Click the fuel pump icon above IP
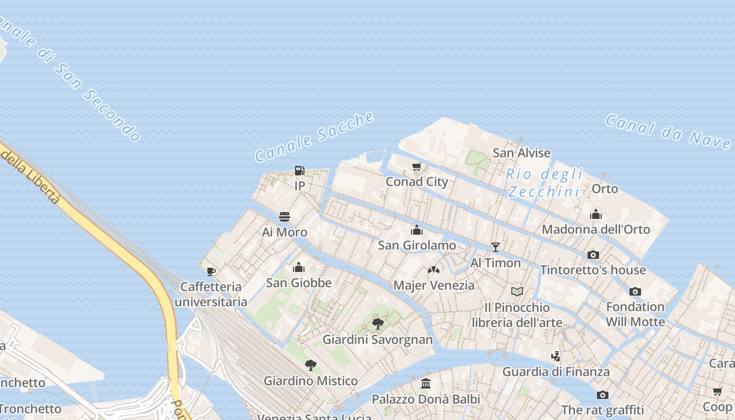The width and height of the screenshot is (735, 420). click(299, 170)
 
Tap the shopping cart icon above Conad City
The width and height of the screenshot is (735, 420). click(417, 166)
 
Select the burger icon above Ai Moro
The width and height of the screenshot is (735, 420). click(285, 217)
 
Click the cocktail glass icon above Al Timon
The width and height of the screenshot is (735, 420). click(495, 247)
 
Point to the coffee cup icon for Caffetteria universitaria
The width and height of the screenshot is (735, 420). click(211, 271)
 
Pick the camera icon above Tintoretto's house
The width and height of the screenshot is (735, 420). click(593, 255)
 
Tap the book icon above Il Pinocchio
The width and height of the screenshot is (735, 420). click(517, 291)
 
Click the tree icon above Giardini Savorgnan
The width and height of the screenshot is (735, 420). click(377, 323)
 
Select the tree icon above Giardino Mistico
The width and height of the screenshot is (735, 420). click(311, 365)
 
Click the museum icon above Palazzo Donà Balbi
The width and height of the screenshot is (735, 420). click(426, 383)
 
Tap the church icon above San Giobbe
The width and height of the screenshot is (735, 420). click(299, 267)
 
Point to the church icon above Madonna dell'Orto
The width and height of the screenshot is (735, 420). click(595, 214)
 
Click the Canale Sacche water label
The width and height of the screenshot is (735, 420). click(315, 136)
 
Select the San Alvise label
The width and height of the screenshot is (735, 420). click(521, 153)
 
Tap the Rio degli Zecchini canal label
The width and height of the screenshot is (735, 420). click(544, 182)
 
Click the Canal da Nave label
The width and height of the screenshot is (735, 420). click(668, 131)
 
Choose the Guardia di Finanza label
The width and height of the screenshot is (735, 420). click(556, 372)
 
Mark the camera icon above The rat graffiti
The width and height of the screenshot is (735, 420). click(602, 395)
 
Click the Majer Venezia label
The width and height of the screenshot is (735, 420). click(434, 285)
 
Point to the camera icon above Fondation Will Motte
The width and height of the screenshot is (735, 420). click(635, 291)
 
